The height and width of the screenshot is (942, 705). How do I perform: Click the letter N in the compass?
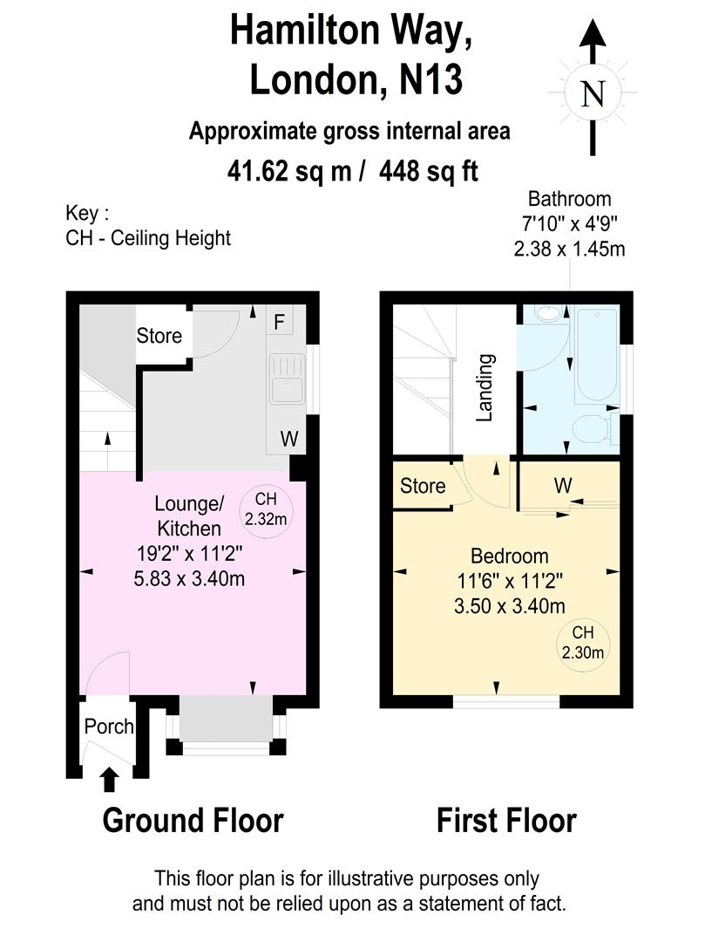[593, 94]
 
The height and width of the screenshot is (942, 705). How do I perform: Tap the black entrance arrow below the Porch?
[109, 779]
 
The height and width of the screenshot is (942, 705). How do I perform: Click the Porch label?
[109, 727]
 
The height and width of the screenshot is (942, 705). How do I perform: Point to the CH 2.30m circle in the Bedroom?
[583, 643]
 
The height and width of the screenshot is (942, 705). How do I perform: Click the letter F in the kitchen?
[279, 323]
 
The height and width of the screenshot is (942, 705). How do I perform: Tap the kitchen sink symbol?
[288, 379]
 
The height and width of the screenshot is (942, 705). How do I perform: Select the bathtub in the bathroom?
[596, 356]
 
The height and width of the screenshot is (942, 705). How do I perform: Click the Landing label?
[485, 387]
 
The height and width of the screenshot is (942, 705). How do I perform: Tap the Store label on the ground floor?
[159, 335]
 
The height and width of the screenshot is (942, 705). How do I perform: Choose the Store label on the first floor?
[423, 486]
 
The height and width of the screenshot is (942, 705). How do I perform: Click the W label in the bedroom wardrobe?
[564, 485]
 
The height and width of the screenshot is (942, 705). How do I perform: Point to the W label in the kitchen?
[289, 439]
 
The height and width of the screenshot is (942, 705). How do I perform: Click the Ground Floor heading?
[193, 822]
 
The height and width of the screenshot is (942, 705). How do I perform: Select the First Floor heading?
[506, 822]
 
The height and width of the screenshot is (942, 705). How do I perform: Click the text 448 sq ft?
[429, 171]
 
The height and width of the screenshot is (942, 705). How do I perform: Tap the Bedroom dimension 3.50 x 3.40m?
[510, 606]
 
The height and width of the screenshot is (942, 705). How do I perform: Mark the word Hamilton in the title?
[305, 30]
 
